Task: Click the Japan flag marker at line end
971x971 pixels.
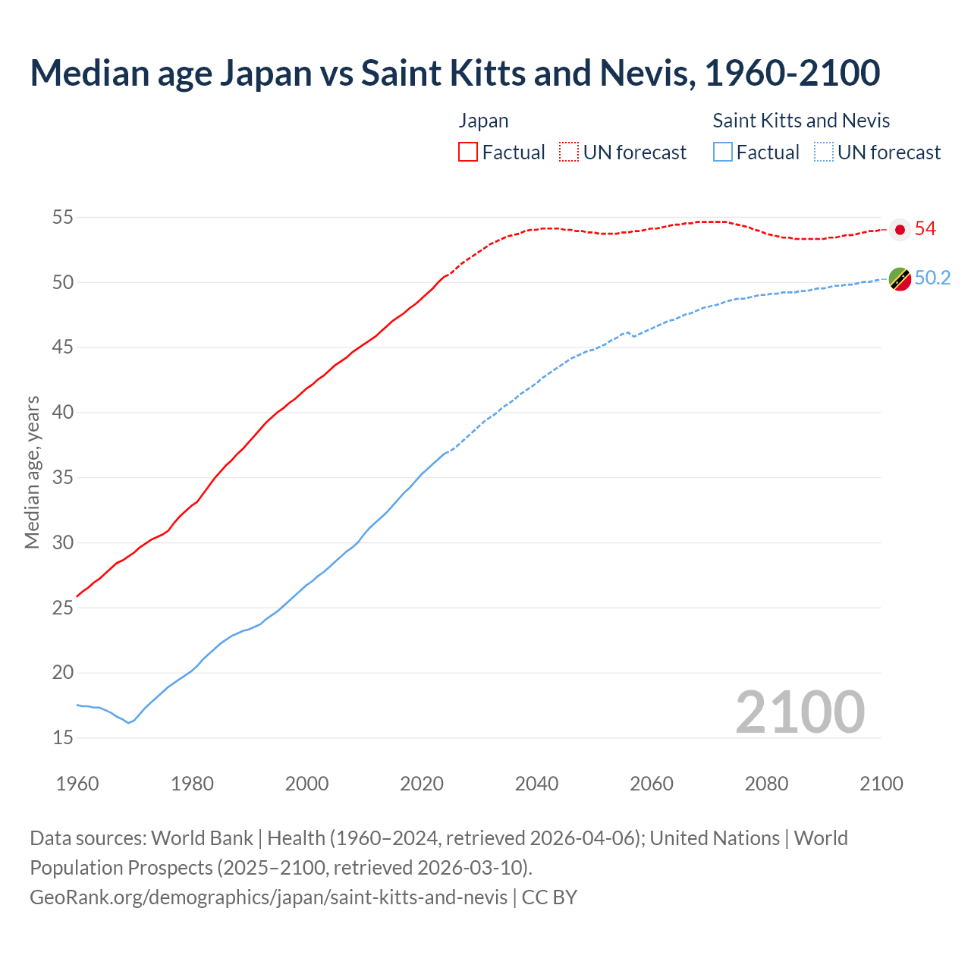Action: click(900, 229)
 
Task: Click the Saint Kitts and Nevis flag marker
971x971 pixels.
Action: click(900, 279)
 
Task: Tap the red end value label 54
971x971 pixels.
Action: click(925, 229)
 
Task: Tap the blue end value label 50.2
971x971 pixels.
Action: click(932, 278)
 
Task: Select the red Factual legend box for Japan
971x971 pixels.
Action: click(468, 152)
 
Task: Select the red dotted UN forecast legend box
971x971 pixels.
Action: click(569, 152)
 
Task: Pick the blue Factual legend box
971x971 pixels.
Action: click(723, 152)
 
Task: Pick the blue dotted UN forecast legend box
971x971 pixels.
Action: click(824, 152)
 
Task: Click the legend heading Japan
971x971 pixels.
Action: click(483, 121)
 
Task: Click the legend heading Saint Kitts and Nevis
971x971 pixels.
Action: click(801, 121)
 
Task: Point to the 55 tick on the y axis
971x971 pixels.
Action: click(62, 218)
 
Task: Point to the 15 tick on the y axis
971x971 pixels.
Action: click(62, 737)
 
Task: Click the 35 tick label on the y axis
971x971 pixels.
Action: click(62, 478)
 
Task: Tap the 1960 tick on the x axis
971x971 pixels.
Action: click(77, 784)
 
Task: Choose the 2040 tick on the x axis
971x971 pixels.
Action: click(536, 784)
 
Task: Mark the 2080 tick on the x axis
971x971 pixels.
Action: click(766, 784)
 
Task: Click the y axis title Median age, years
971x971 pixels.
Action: click(32, 472)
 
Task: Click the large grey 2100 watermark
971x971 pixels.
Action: click(800, 712)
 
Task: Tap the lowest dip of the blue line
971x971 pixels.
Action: click(128, 722)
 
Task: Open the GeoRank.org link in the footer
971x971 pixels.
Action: click(269, 897)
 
